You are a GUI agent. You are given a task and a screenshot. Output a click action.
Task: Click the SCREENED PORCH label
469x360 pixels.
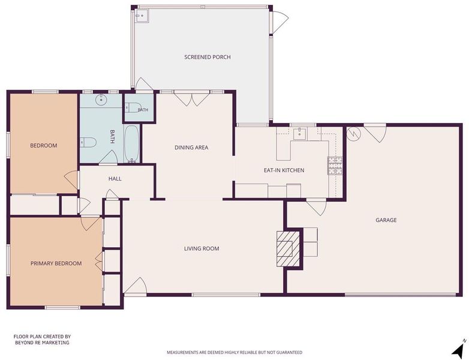pos(208,57)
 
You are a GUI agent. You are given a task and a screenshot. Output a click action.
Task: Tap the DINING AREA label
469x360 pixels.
pos(191,147)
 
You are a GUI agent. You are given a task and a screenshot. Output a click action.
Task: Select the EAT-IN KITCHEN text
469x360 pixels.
pos(284,170)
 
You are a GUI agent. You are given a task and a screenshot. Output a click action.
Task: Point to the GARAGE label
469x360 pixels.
pos(386,220)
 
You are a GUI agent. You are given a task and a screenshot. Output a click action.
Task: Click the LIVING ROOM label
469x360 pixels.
pos(202,248)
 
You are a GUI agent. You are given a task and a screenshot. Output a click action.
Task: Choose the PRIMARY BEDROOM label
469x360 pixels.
pos(56,263)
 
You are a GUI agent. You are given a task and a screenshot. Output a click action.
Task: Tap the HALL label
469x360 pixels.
pos(115,179)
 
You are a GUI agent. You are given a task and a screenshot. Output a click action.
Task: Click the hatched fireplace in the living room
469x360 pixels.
pos(288,248)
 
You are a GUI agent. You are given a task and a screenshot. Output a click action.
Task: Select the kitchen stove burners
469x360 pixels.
pos(335,166)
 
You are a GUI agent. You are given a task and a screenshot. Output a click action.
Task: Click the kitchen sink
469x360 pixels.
pos(299,133)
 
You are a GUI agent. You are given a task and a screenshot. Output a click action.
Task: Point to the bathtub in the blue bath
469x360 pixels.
pos(131,144)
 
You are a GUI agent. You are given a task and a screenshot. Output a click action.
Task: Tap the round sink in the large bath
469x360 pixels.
pos(101,100)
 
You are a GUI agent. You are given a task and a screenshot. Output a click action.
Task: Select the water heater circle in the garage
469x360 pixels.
pos(354,133)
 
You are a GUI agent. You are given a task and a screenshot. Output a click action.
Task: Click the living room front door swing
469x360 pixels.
pos(134,286)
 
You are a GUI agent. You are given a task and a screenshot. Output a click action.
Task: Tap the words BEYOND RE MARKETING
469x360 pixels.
pos(42,343)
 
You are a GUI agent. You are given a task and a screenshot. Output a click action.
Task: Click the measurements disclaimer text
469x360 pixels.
pos(235,353)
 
